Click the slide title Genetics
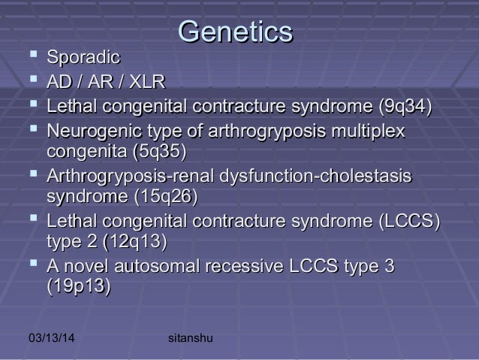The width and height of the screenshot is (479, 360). point(235,32)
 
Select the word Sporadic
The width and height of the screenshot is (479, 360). point(84,57)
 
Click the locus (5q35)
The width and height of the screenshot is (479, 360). point(158,153)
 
